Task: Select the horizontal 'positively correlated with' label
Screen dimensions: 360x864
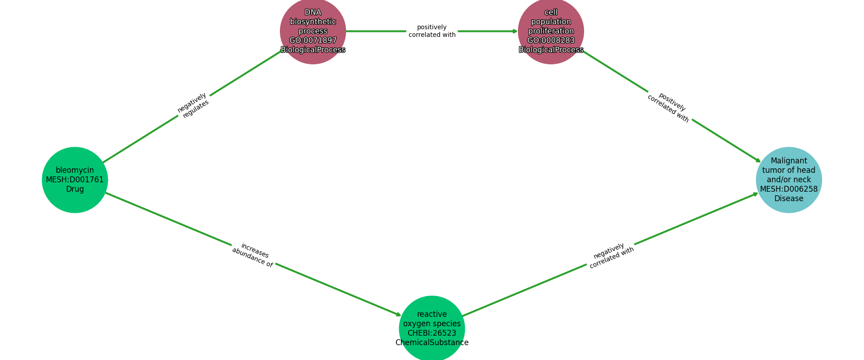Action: [x=432, y=31]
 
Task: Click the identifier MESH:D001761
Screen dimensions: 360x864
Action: [x=75, y=180]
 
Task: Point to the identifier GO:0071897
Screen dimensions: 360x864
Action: [x=313, y=40]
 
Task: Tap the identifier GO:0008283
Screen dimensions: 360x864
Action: [x=551, y=40]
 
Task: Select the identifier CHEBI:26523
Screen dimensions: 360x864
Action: [x=432, y=333]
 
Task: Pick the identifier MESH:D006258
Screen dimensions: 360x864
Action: [x=788, y=189]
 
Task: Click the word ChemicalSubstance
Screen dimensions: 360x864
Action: [x=432, y=343]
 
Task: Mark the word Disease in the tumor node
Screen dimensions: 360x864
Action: [x=788, y=198]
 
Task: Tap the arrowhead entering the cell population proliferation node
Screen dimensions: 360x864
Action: [x=515, y=31]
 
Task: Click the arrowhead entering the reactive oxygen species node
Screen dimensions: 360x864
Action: [x=398, y=315]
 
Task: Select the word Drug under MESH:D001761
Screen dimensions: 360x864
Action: [x=75, y=189]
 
